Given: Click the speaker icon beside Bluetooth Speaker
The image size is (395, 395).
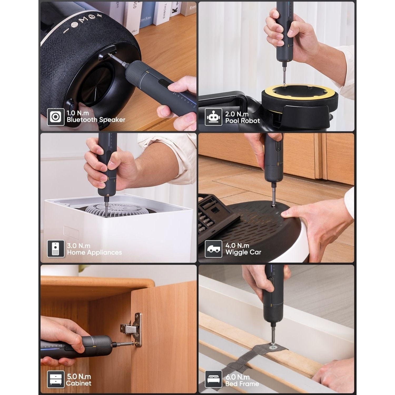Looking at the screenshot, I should click(x=56, y=117).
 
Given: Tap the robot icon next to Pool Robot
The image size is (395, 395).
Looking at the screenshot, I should click(x=213, y=117).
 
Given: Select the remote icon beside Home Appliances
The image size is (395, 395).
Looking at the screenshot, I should click(x=56, y=249).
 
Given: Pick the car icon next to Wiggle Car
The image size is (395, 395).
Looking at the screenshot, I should click(x=213, y=249).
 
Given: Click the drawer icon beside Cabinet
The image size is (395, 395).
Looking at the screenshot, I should click(x=56, y=379).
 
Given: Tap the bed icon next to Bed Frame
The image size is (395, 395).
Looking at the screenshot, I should click(x=213, y=379).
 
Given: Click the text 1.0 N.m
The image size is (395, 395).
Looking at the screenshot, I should click(x=78, y=113).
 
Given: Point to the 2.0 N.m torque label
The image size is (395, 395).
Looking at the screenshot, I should click(x=237, y=114).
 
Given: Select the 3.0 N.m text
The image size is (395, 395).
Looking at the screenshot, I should click(x=78, y=246).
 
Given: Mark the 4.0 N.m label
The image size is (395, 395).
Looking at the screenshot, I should click(x=237, y=245).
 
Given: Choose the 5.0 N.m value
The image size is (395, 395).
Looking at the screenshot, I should click(x=79, y=376).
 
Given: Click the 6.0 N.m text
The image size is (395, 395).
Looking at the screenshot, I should click(x=237, y=377).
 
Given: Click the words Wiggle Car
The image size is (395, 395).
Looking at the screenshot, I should click(x=243, y=252).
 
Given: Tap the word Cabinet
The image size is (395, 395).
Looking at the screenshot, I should click(x=78, y=383).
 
